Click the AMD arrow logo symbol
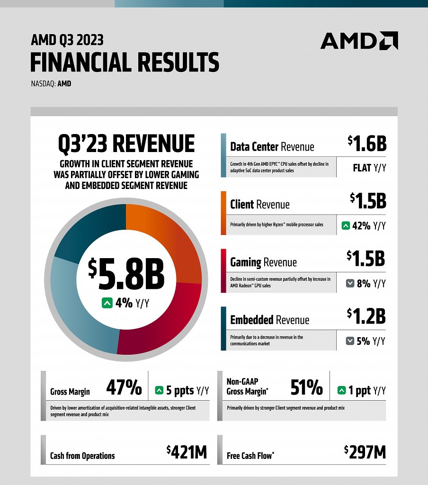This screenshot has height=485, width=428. click(389, 41)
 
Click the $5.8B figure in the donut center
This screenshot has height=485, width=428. click(126, 274)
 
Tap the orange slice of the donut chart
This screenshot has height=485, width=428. click(167, 238)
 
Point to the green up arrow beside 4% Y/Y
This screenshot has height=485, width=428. click(107, 303)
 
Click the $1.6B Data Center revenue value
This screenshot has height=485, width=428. click(367, 144)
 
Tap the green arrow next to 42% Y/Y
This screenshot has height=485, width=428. click(346, 225)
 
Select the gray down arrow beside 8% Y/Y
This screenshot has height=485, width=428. click(350, 283)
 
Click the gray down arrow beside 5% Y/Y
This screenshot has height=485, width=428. click(350, 341)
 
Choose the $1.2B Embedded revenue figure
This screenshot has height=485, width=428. click(366, 316)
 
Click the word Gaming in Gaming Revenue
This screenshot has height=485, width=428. click(246, 262)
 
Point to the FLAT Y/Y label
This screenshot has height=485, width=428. click(370, 168)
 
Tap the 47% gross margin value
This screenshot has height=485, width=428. click(124, 387)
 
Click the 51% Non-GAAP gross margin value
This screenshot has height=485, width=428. click(306, 387)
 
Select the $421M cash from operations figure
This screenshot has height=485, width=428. click(187, 452)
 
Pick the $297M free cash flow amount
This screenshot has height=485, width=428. click(365, 452)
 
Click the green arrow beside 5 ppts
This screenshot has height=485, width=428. click(159, 390)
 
